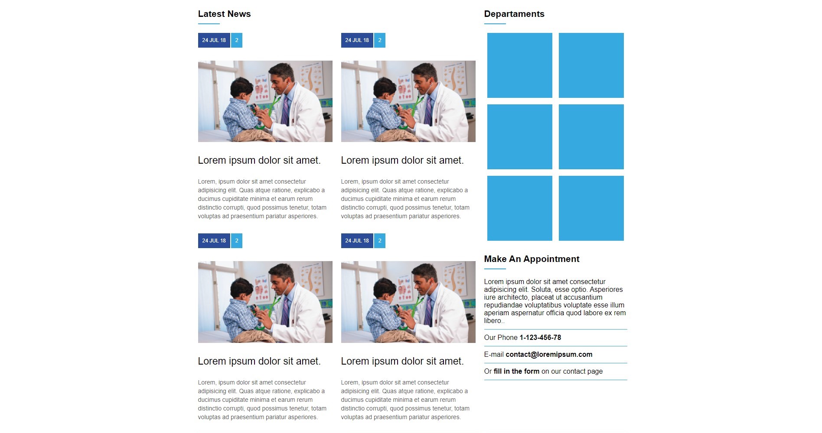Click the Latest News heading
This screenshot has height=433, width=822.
click(224, 14)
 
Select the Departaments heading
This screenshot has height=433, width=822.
click(514, 14)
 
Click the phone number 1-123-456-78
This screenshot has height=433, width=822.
click(540, 338)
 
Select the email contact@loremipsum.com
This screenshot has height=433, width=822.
click(549, 355)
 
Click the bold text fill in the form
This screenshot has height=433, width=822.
click(516, 372)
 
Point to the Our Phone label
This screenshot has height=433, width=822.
click(501, 338)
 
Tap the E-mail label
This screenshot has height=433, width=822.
click(494, 355)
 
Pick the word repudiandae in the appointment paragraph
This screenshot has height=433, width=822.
click(503, 305)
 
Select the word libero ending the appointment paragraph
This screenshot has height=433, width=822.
click(493, 321)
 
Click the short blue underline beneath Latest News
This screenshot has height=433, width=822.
click(209, 24)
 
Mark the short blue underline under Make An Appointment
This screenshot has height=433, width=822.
click(495, 269)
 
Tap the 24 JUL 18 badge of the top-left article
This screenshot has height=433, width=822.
click(214, 40)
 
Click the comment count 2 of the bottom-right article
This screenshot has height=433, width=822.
click(380, 241)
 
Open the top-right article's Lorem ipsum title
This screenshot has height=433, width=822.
click(402, 161)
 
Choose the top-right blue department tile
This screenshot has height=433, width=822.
click(591, 65)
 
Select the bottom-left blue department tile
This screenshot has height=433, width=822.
click(519, 208)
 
